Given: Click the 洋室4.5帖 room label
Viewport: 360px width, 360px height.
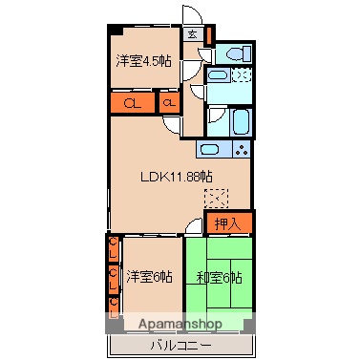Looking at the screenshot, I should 144,60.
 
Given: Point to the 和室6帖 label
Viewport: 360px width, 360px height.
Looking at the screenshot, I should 219,277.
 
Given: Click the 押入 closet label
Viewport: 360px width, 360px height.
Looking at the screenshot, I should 227,224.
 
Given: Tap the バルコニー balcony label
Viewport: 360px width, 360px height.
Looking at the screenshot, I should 181,343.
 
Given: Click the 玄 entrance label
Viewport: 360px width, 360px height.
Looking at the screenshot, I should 192,35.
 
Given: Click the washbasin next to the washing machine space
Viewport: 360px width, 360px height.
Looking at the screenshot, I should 218,75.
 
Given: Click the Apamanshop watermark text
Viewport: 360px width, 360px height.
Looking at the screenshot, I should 181,325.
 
